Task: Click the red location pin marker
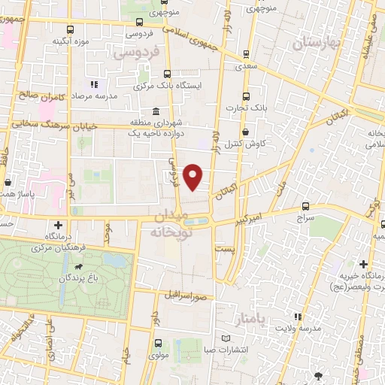coord(194,177)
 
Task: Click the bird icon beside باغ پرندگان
coord(79,266)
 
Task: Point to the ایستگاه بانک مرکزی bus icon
coord(167,74)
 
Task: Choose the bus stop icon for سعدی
coord(246,54)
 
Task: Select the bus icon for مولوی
coord(158,343)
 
